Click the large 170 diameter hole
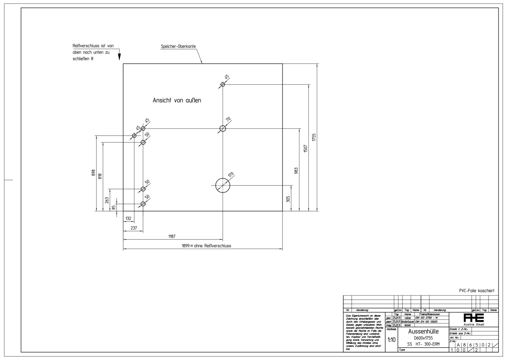pyautogui.click(x=223, y=185)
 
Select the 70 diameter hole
pyautogui.click(x=223, y=128)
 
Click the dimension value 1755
pyautogui.click(x=314, y=137)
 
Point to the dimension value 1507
pyautogui.click(x=305, y=148)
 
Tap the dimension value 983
pyautogui.click(x=296, y=171)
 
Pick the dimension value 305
pyautogui.click(x=288, y=199)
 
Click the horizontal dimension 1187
pyautogui.click(x=172, y=236)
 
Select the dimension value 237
pyautogui.click(x=134, y=228)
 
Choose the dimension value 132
pyautogui.click(x=128, y=219)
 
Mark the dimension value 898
pyautogui.click(x=94, y=173)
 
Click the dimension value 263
pyautogui.click(x=107, y=200)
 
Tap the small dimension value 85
pyautogui.click(x=114, y=207)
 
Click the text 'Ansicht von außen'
pyautogui.click(x=177, y=100)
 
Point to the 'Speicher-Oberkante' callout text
pyautogui.click(x=178, y=46)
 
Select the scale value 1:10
pyautogui.click(x=391, y=340)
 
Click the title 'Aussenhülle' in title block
pyautogui.click(x=423, y=331)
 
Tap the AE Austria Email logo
pyautogui.click(x=474, y=319)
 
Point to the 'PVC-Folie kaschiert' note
pyautogui.click(x=476, y=291)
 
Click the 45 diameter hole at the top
pyautogui.click(x=223, y=84)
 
